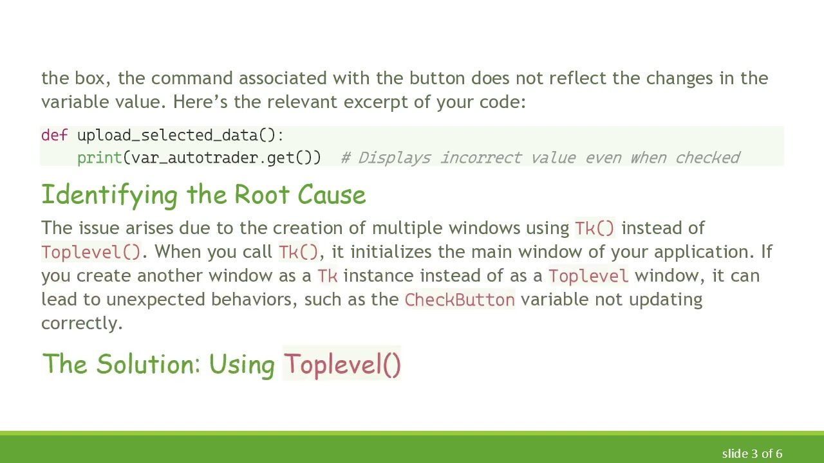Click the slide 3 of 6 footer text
pos(752,454)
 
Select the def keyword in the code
pos(54,135)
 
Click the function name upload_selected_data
pos(167,135)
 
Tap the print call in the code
pos(99,158)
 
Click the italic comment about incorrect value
pos(540,158)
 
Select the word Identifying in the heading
pos(109,195)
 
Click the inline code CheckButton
pos(460,300)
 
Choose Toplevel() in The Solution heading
pos(342,365)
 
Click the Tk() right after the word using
pos(594,228)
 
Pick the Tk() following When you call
pos(298,252)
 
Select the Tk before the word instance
pos(327,276)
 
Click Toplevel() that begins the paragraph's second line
pos(91,252)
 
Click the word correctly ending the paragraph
pos(81,323)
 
